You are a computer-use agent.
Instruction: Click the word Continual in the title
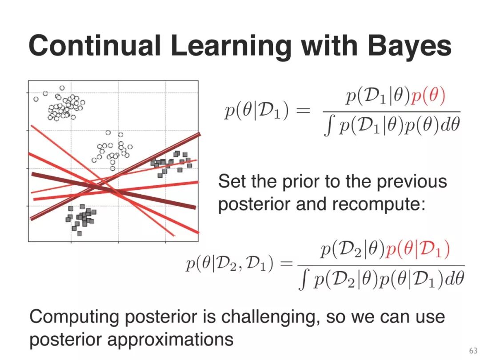(95, 45)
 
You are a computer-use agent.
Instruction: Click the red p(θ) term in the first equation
(428, 96)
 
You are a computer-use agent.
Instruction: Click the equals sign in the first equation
(304, 111)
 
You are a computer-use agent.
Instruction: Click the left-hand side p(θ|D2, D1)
(229, 264)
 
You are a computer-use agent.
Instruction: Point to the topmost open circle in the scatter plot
(62, 88)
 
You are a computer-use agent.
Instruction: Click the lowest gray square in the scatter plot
(80, 234)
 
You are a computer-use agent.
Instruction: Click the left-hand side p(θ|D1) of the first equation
(256, 110)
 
